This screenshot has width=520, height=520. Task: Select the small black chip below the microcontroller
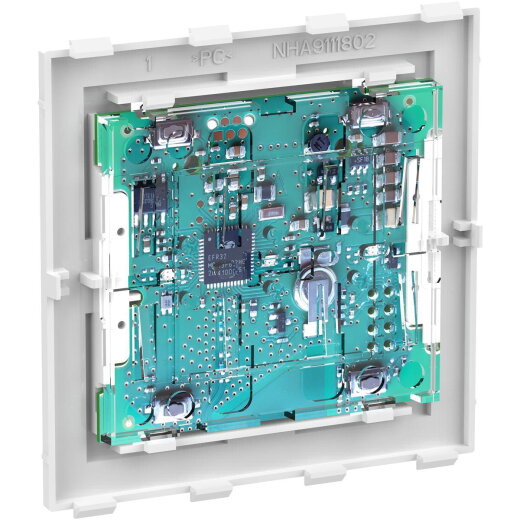click(280, 321)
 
